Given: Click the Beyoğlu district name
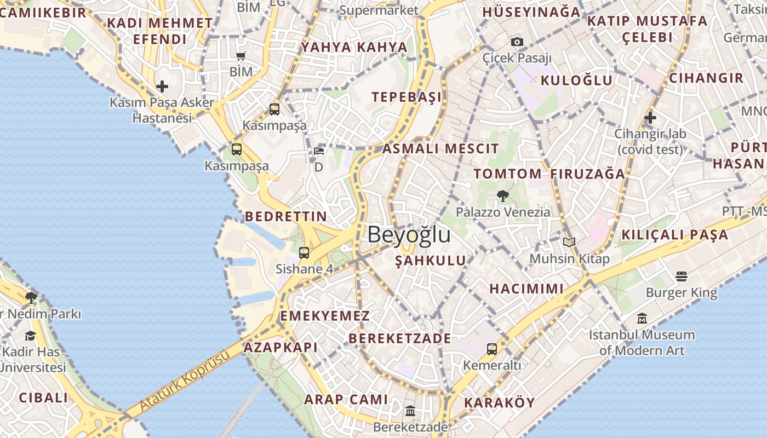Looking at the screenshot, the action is coord(409,234).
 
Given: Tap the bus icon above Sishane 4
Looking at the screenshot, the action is coord(304,253).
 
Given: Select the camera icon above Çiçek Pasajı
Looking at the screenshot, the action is coord(517,42).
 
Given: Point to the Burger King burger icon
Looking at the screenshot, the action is coord(682,276).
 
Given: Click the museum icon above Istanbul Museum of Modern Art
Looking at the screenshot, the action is coord(642,318).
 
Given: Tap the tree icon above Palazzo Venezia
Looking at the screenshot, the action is coord(502,195).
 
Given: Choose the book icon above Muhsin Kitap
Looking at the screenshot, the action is coord(569,242).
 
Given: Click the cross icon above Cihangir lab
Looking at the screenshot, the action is coord(650,117).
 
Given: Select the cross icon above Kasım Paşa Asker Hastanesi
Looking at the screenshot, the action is coord(162,87).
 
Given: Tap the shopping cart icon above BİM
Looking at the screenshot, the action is coord(241,56).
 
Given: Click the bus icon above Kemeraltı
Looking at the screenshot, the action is coord(492,349).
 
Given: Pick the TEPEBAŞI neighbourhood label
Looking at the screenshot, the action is coord(407,97).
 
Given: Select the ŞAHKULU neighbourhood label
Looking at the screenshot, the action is coord(431,261).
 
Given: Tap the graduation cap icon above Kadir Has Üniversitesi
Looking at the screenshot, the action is coord(31,336).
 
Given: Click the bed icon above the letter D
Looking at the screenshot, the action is coord(319,151).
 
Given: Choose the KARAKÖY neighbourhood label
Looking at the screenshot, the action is coord(499,403).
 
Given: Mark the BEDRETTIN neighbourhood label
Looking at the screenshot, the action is coord(286,216).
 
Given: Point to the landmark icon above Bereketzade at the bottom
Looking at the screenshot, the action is coord(410,411).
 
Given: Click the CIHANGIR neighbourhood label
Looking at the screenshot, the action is coord(706,78).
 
